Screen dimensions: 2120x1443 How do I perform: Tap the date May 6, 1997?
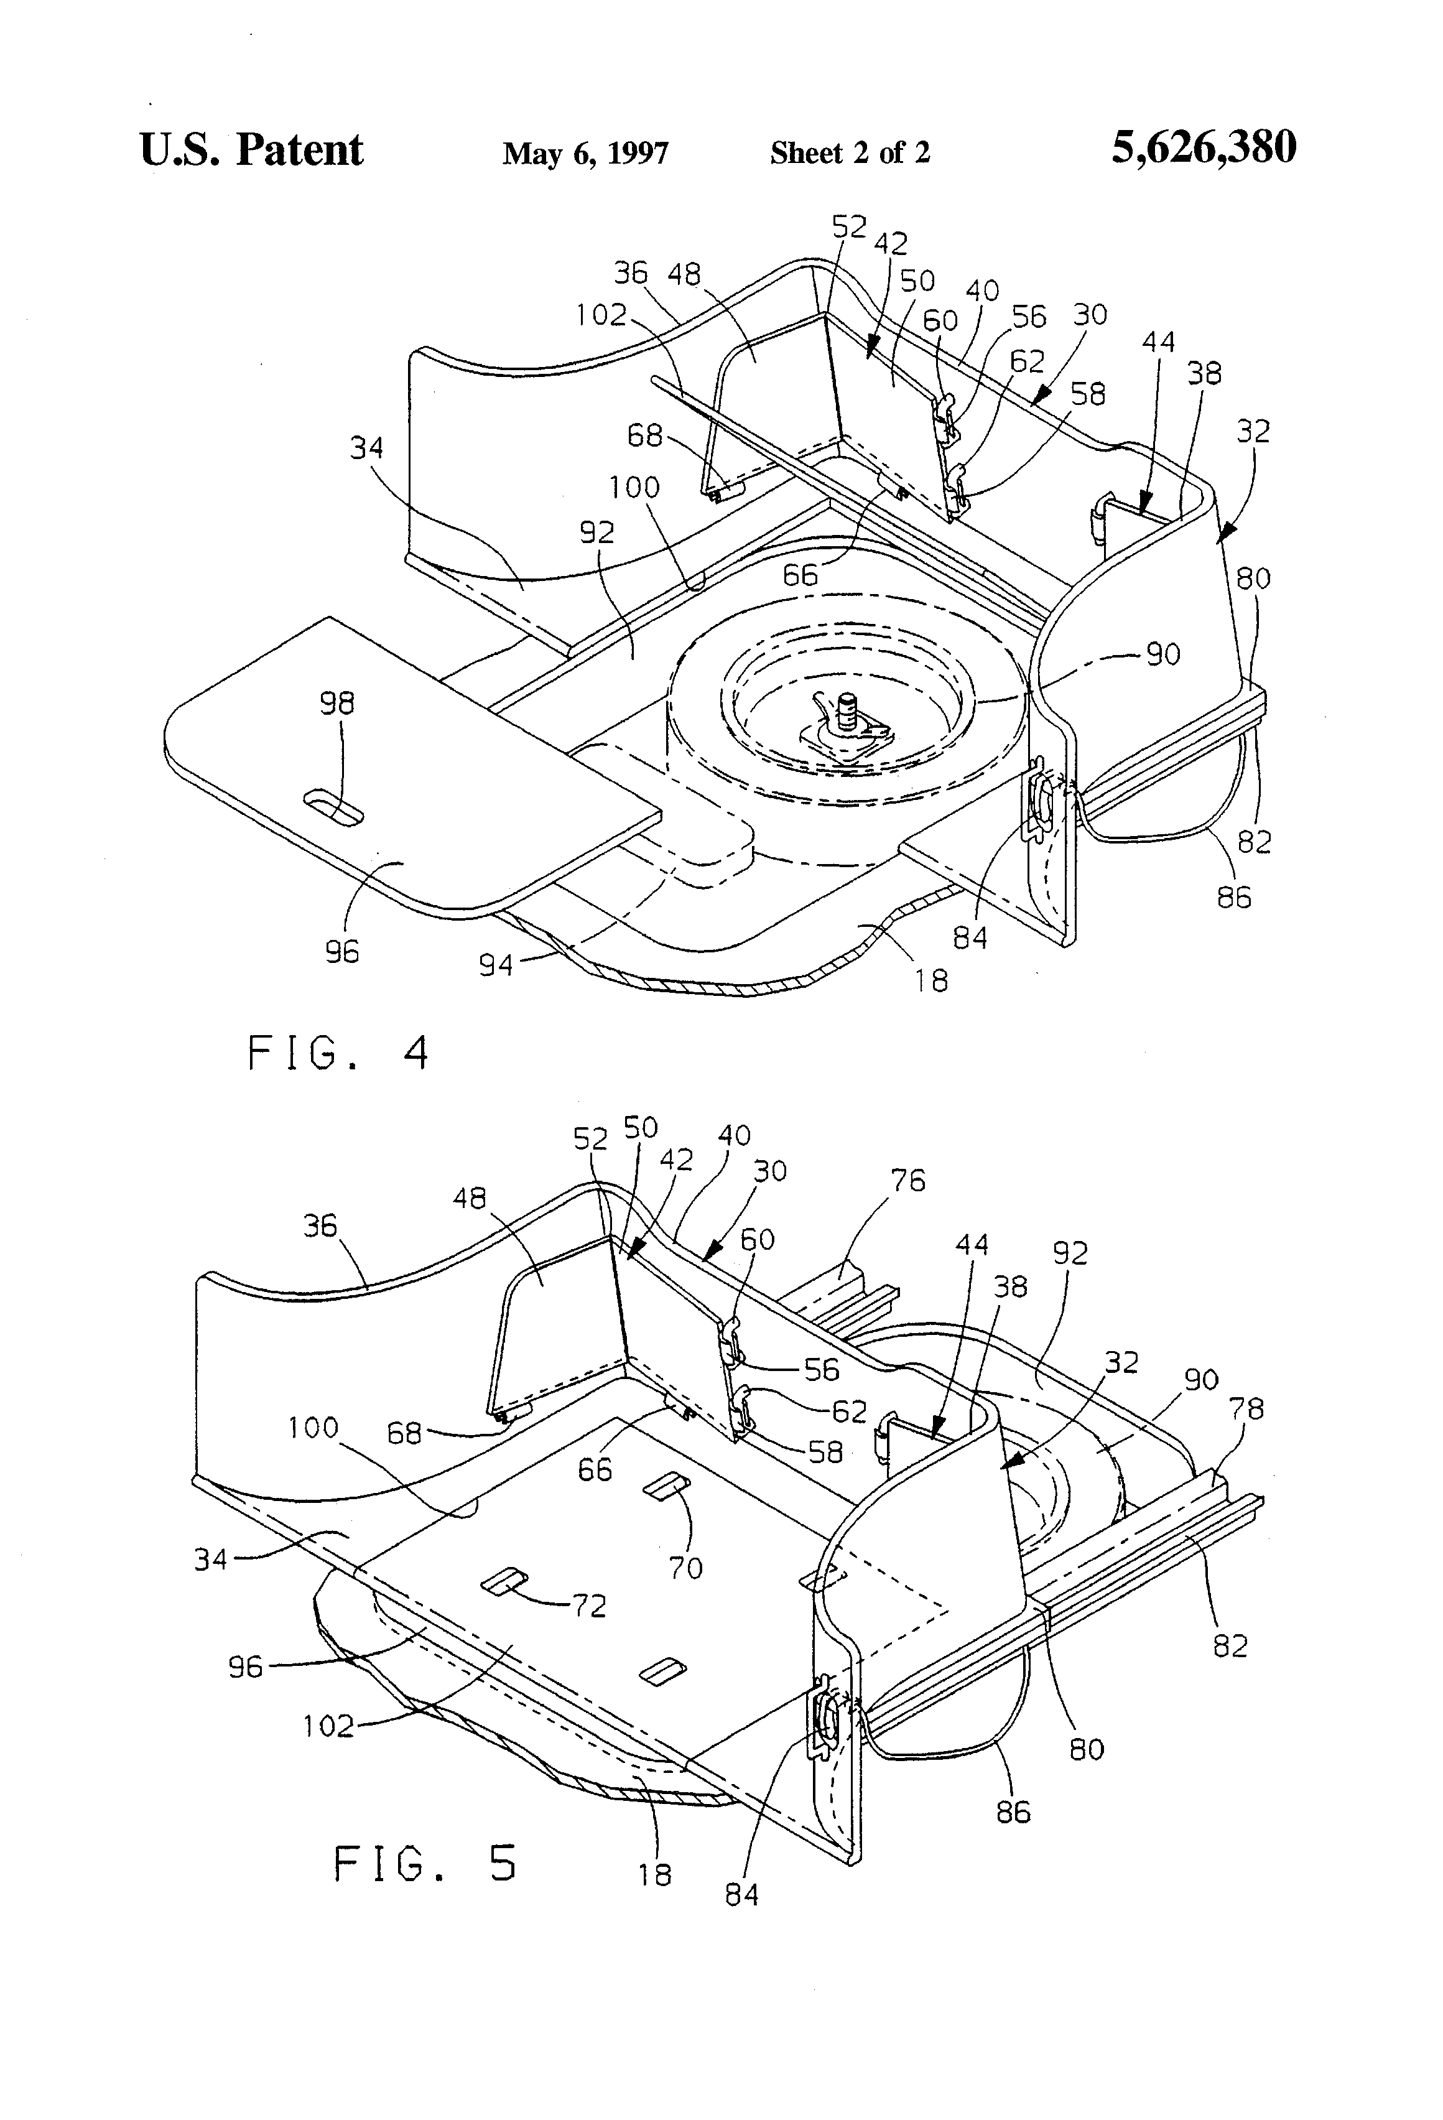pos(585,152)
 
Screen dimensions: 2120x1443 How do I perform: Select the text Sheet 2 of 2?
pos(849,152)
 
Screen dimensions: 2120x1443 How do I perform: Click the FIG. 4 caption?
pos(338,1053)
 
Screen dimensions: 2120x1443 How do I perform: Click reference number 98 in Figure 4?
pos(338,704)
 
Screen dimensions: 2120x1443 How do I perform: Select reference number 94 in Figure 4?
pos(496,964)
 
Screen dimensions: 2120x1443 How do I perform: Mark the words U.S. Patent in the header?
pos(251,149)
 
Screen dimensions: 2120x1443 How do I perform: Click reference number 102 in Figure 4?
pos(600,315)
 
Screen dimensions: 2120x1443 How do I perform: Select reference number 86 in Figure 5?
pos(1013,1811)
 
